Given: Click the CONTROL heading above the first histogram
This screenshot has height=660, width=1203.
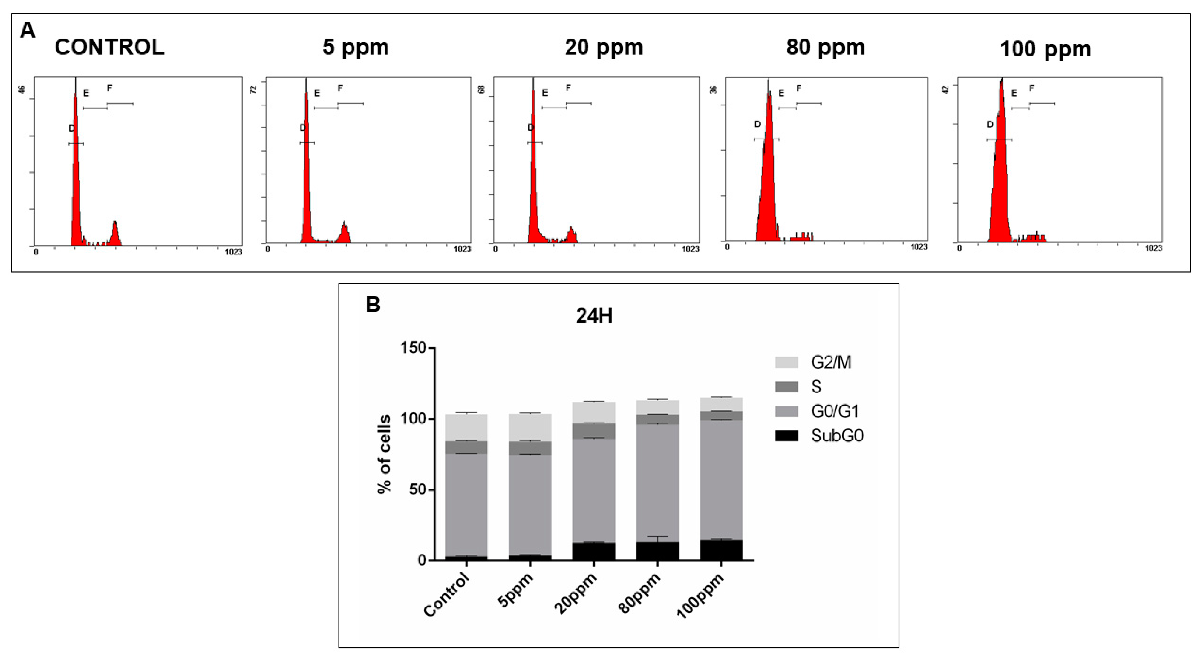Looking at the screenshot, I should pos(110,47).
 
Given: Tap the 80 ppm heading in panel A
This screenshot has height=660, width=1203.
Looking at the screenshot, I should pos(825,47).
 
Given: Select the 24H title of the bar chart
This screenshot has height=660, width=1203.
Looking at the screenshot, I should pos(594,316).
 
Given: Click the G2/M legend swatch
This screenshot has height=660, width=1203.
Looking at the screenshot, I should pos(786,362).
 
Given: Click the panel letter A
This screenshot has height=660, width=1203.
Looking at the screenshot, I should pos(27,31).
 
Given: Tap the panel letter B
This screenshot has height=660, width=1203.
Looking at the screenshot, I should pos(373,305).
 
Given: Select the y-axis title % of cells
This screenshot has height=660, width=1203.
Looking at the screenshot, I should pos(384,454).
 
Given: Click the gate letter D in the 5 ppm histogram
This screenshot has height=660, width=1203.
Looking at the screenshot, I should pos(303,128).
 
